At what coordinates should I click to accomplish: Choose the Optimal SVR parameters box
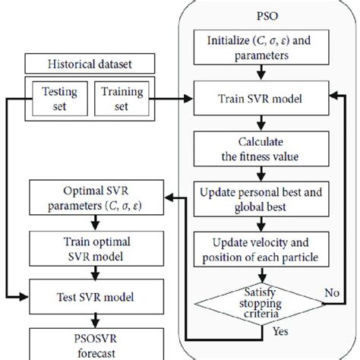[x=94, y=197]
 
